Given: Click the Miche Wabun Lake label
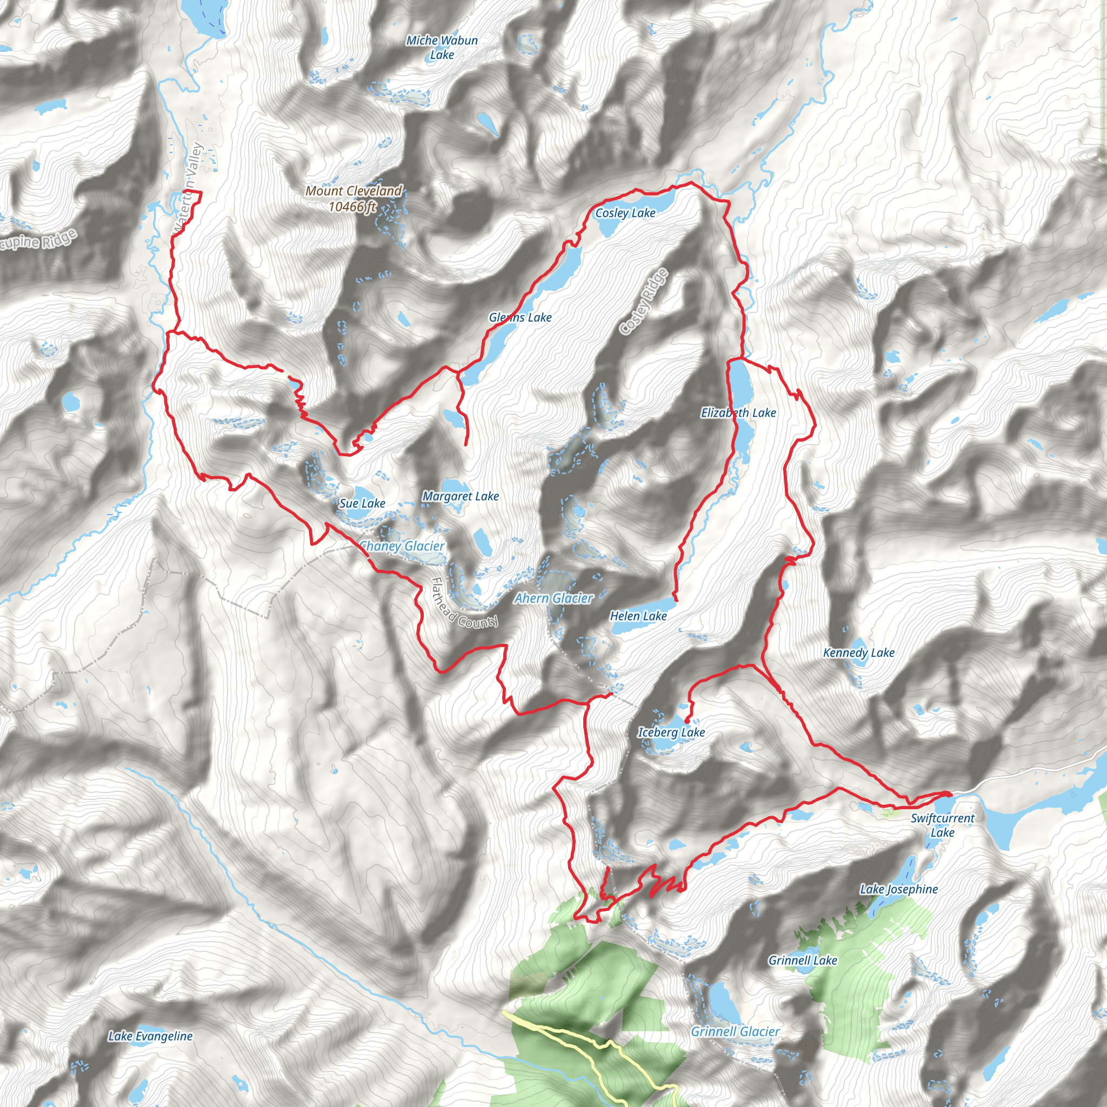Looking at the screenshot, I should point(442,48).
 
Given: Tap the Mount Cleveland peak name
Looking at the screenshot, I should point(354,191).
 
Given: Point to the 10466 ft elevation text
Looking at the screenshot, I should point(352,206).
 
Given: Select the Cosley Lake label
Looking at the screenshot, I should point(625,213).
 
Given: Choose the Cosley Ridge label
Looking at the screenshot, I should point(644,302).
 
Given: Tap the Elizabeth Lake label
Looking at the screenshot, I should point(738,412).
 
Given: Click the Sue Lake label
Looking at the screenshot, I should point(362,504).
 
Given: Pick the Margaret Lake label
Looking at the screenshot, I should point(460,496).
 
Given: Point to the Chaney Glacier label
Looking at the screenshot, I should point(402,546).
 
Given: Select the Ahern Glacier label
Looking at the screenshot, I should point(553,598).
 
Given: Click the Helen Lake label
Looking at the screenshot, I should point(638,616).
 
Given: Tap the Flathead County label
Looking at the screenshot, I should point(464,603).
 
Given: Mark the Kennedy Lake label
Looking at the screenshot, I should point(858,652).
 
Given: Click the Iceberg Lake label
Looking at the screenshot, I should point(671,732).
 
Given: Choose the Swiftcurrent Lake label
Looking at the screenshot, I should point(942,825).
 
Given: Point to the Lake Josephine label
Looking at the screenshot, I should point(898,889).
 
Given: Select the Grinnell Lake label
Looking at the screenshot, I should point(802,961).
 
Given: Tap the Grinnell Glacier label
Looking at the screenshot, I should point(735,1032).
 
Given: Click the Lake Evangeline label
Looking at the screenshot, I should point(150,1036).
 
